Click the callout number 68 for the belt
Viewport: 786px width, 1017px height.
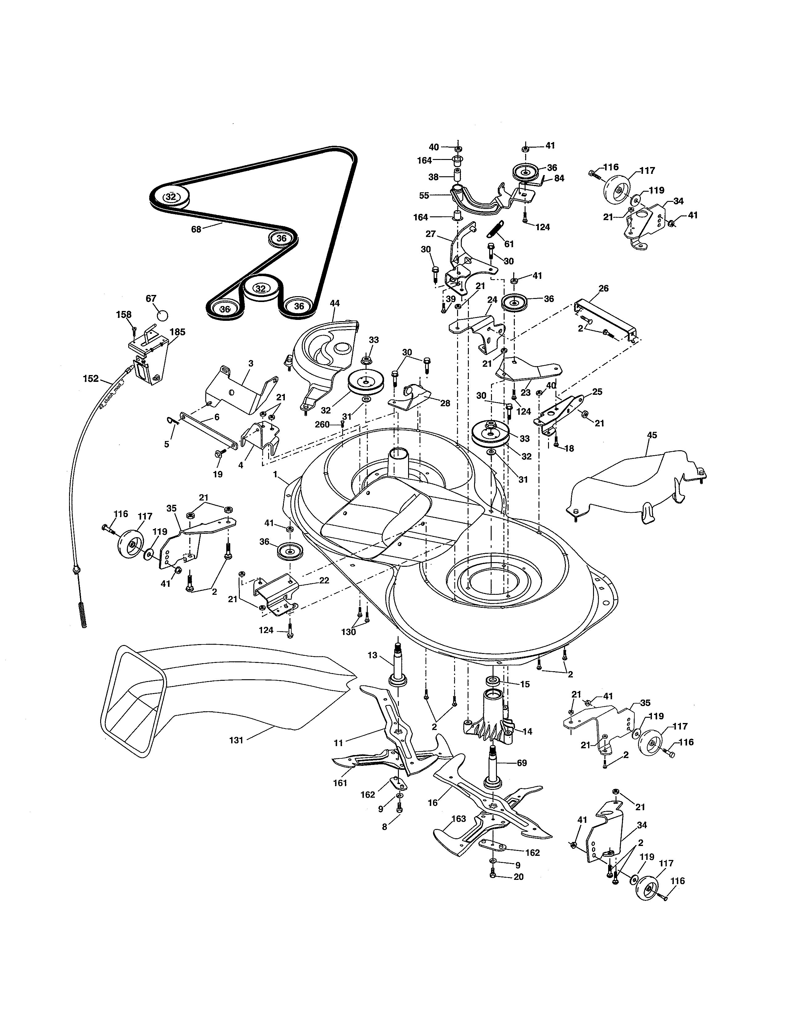point(196,229)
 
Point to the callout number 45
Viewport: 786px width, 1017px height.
point(652,435)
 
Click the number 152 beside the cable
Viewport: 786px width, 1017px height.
point(91,378)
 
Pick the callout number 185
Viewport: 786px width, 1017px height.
point(178,332)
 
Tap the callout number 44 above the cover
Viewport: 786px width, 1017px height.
point(334,303)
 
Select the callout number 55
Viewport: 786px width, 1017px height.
point(424,196)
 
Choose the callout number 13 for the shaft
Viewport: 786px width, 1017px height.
point(373,655)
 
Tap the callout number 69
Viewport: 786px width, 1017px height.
point(522,763)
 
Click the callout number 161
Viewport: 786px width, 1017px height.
point(340,783)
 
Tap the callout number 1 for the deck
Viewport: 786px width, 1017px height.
point(276,474)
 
